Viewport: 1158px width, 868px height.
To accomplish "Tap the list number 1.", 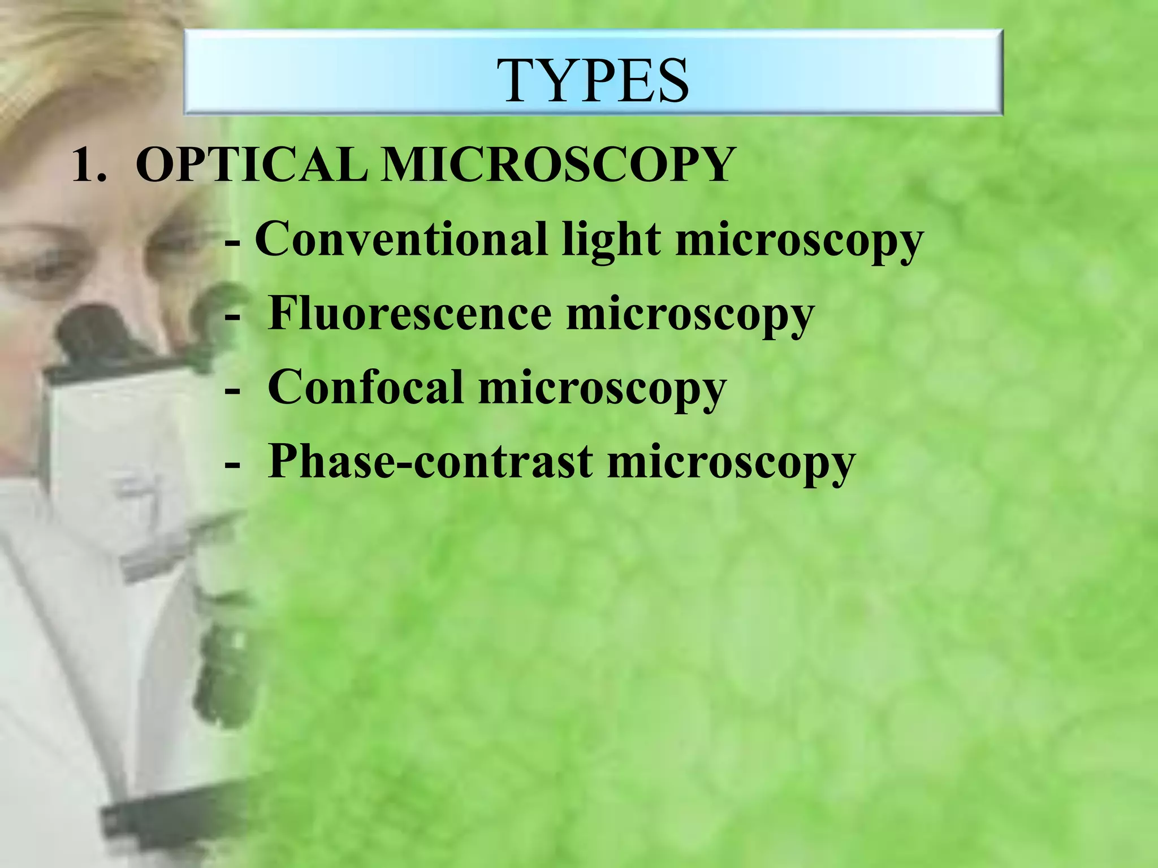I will (x=88, y=165).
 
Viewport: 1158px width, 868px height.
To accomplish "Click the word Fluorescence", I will (x=409, y=314).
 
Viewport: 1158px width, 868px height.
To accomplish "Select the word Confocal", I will (x=365, y=388).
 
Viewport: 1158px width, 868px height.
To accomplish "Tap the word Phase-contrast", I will (x=430, y=462).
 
